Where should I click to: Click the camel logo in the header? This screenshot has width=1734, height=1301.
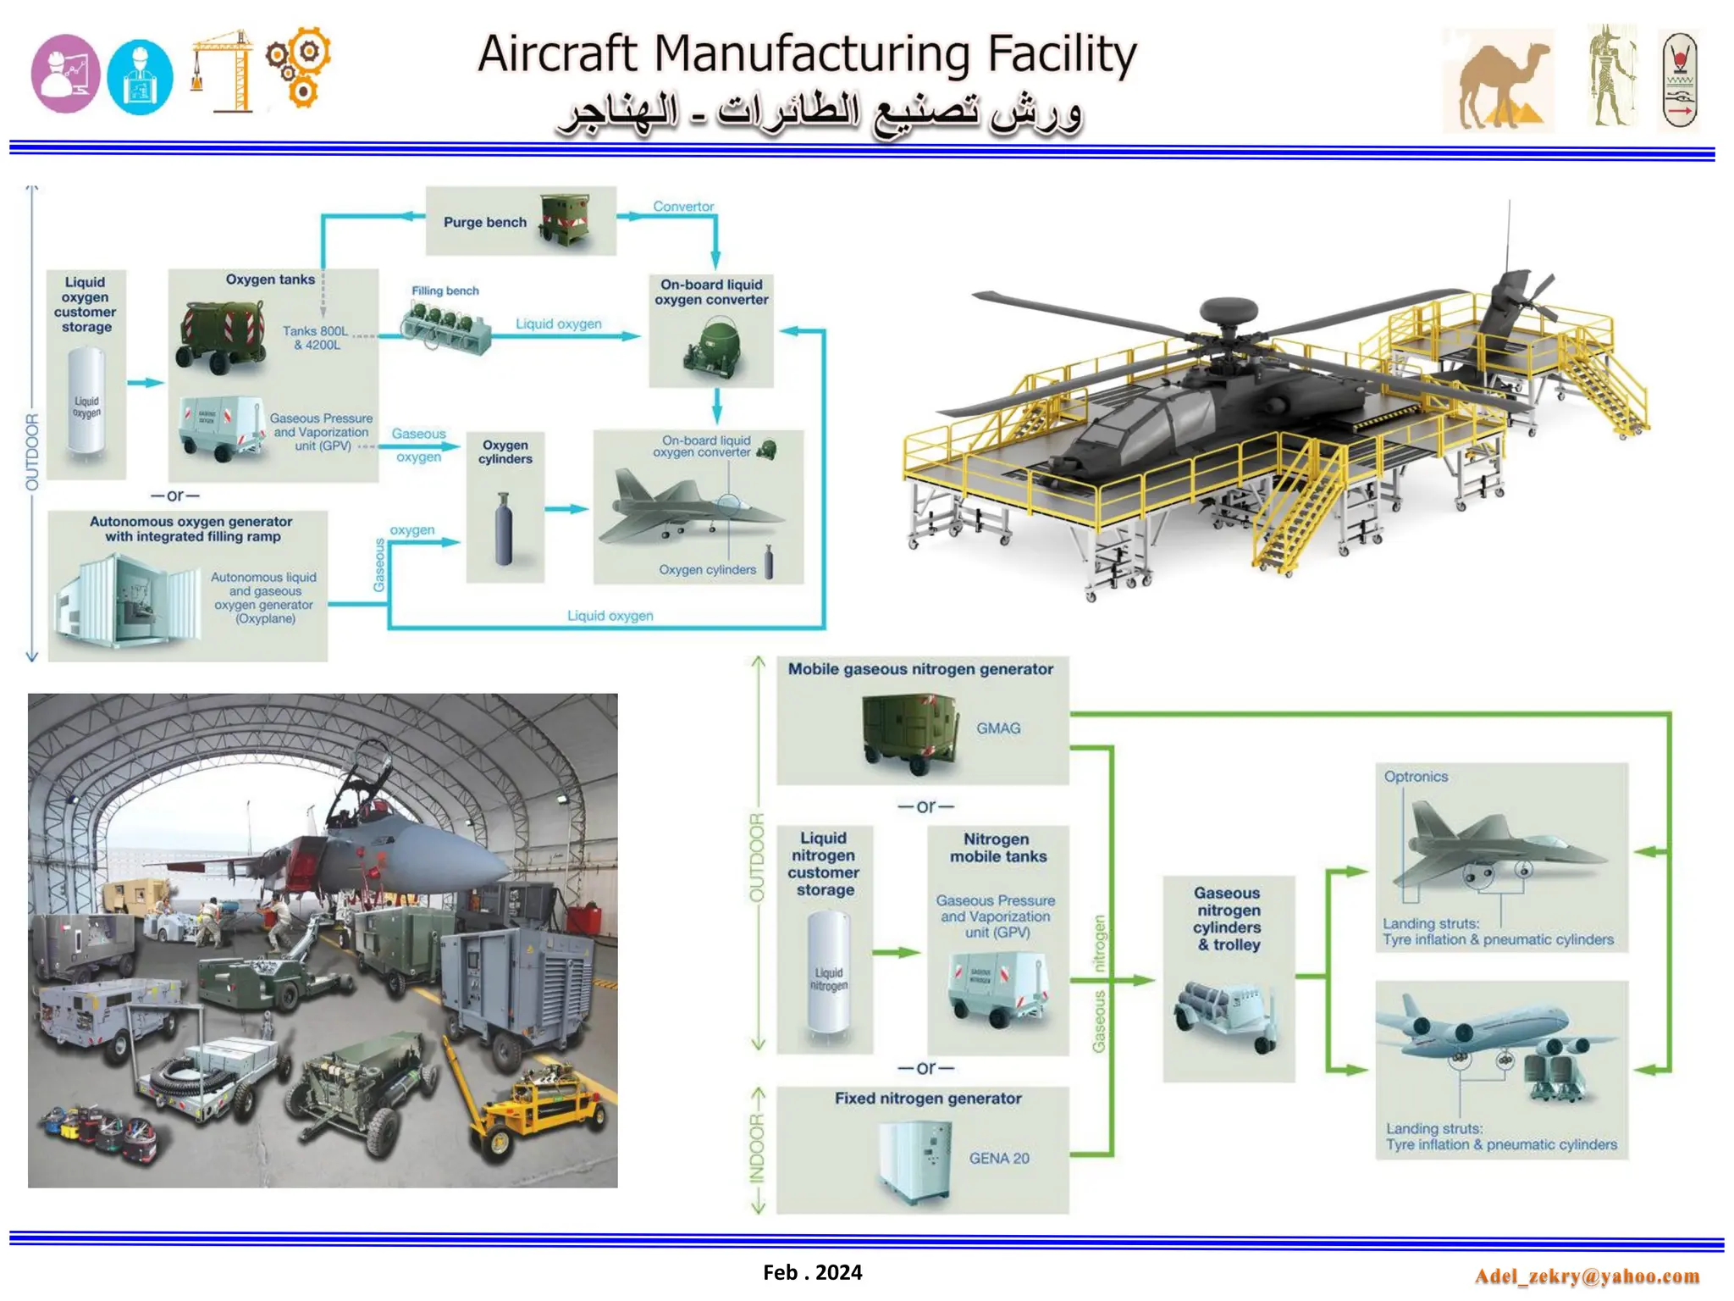point(1499,81)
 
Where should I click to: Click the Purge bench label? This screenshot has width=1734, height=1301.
point(484,222)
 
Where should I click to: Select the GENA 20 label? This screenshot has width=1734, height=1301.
point(999,1158)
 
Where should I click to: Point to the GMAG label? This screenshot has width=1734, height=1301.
point(998,728)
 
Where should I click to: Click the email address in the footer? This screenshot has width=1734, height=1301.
point(1587,1276)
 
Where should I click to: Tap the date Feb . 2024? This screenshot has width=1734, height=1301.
point(812,1272)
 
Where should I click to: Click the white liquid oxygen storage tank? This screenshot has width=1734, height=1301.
point(86,404)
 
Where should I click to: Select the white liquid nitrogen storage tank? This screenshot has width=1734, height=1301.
point(827,974)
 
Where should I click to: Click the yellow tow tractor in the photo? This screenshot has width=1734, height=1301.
point(542,1110)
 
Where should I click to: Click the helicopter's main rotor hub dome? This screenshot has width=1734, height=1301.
point(1229,311)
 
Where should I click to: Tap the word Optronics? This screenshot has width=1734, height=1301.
point(1416,777)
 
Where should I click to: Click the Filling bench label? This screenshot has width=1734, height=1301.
point(445,291)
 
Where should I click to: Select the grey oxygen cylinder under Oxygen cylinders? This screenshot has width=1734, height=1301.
point(504,529)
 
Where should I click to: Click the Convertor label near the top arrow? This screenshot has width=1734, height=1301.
point(683,207)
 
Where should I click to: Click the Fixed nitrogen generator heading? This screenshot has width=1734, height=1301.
point(927,1099)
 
